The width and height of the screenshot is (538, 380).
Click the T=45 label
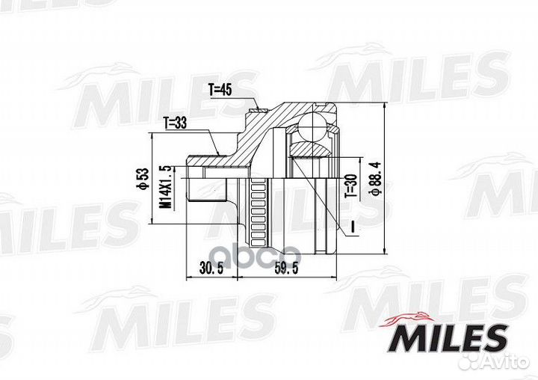[x=221, y=90]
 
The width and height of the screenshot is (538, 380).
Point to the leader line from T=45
[x=250, y=101]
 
